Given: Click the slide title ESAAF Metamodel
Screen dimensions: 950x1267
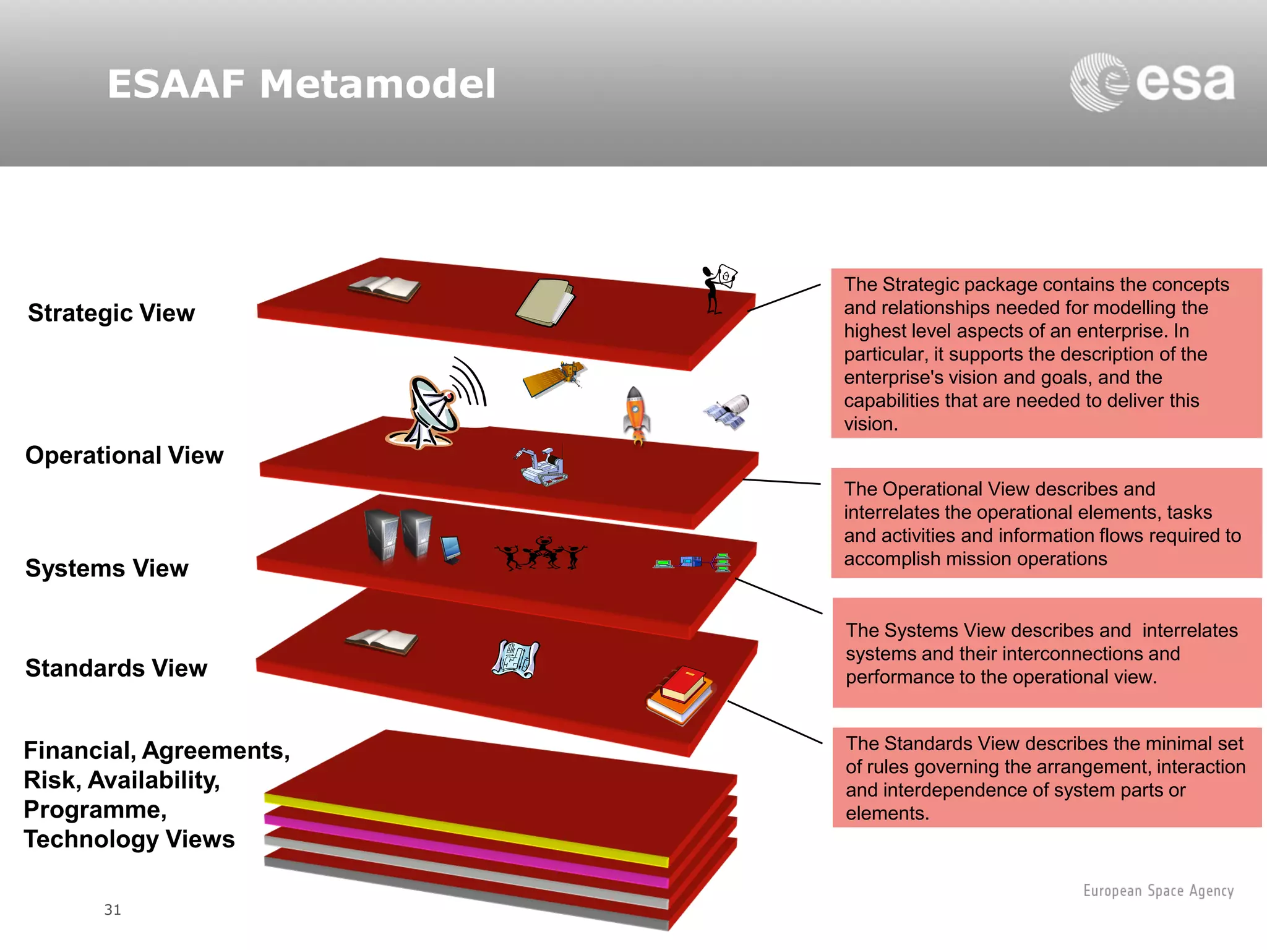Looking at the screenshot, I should tap(301, 84).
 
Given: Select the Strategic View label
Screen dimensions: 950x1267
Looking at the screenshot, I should tap(111, 313).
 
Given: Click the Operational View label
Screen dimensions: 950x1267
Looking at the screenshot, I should tap(124, 455).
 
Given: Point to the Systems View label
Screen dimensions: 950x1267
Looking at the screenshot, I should tap(107, 568).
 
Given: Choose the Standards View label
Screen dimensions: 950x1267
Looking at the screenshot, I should tap(116, 669).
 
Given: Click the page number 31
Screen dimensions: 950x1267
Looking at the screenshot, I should tap(113, 910).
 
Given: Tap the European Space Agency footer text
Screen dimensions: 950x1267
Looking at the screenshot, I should tap(1158, 891).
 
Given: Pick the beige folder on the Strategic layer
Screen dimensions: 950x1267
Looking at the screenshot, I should tap(544, 302).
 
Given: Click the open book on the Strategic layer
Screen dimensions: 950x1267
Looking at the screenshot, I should tap(384, 289).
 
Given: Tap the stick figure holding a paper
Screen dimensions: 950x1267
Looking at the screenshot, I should tap(718, 288).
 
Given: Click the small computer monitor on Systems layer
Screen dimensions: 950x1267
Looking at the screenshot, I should tap(451, 549).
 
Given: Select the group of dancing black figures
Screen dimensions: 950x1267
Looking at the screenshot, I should tap(540, 553).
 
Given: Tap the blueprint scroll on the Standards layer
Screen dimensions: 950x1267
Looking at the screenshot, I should tap(515, 659).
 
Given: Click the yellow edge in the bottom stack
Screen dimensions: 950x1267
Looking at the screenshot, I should tap(464, 829).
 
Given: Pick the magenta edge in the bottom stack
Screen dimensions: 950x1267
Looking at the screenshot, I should tap(464, 849).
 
